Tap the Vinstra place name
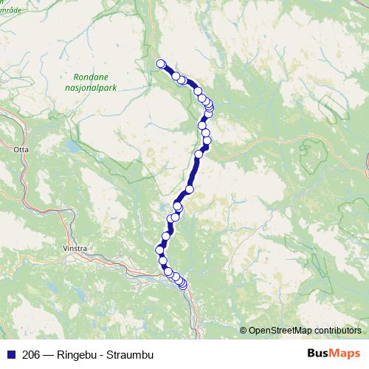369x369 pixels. [76, 249]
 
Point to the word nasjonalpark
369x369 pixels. [95, 87]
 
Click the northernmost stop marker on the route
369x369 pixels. [161, 63]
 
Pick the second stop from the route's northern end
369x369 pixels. [176, 75]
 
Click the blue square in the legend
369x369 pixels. [10, 353]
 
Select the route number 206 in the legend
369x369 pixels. [32, 353]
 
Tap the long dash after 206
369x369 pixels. [49, 353]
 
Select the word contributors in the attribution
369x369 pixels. [337, 330]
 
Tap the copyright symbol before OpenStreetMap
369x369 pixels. [244, 330]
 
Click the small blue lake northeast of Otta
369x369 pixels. [73, 147]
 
